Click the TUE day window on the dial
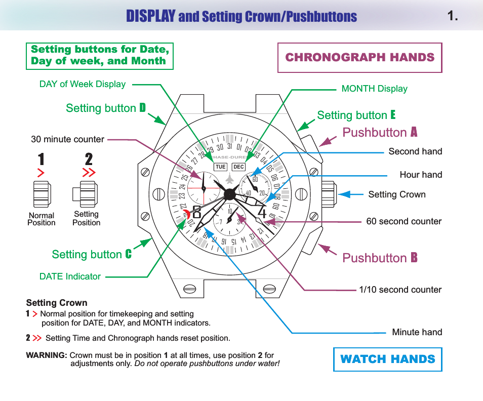[220, 167]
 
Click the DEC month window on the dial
[238, 167]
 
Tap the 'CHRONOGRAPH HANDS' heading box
[359, 58]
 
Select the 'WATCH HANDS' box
[387, 359]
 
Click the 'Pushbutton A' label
[380, 133]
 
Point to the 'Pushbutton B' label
[380, 258]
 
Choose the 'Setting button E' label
[356, 115]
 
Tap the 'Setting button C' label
[91, 254]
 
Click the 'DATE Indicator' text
[70, 276]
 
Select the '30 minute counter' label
[67, 139]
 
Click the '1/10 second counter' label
[400, 290]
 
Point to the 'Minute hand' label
[417, 332]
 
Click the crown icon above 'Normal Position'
[42, 193]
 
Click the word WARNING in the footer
[46, 355]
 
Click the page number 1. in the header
[453, 16]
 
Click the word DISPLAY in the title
[151, 16]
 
